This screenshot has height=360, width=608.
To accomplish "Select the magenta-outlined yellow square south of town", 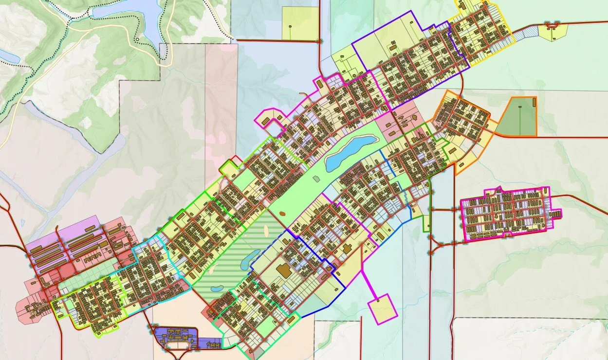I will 383,308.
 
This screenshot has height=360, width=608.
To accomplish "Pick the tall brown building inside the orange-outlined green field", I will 534,102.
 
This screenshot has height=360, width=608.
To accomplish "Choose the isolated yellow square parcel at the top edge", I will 300,23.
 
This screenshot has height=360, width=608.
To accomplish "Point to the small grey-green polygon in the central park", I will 316,179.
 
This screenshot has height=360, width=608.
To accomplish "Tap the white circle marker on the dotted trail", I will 138,39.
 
